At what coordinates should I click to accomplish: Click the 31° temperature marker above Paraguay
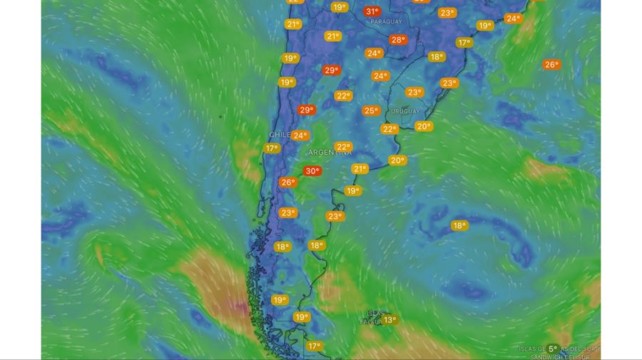coord(372,11)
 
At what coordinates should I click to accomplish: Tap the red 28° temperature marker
coord(398,40)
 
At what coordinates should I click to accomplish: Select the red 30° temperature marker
coord(312,171)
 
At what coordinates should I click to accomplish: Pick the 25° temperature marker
coord(371,110)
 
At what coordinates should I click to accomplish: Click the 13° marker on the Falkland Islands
coord(389,320)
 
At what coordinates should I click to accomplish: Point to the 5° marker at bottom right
coord(553,349)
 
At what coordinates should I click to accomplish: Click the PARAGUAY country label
coord(386,22)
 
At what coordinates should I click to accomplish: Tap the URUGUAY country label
coord(404,111)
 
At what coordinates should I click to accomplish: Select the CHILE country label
coord(279,135)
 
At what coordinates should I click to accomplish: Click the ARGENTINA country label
coord(330,153)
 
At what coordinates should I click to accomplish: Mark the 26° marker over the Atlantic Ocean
coord(551,65)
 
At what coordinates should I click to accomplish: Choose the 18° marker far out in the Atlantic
coord(459,226)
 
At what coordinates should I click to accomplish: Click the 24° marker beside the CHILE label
coord(300,135)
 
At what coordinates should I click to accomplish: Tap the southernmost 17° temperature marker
coord(315,346)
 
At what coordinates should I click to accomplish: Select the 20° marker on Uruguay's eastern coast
coord(424,126)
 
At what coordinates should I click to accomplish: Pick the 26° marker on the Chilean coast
coord(287,182)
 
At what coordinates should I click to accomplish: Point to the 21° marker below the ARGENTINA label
coord(360,169)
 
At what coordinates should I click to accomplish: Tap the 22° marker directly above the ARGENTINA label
coord(344,147)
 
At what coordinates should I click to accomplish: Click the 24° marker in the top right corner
coord(513,19)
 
